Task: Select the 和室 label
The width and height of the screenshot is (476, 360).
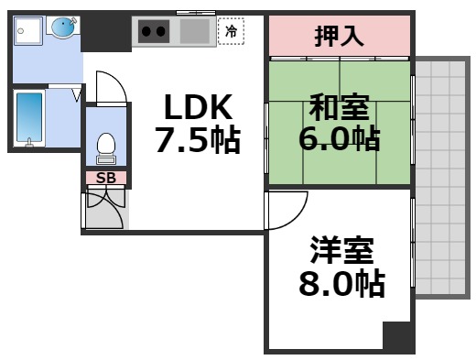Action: [339, 108]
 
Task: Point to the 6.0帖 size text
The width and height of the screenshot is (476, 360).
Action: [339, 140]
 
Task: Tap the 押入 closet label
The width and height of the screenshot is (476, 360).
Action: [340, 37]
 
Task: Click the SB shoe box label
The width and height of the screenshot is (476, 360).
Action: [106, 178]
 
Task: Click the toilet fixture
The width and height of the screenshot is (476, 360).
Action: [106, 145]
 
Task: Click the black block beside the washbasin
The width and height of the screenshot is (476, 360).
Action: [106, 32]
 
